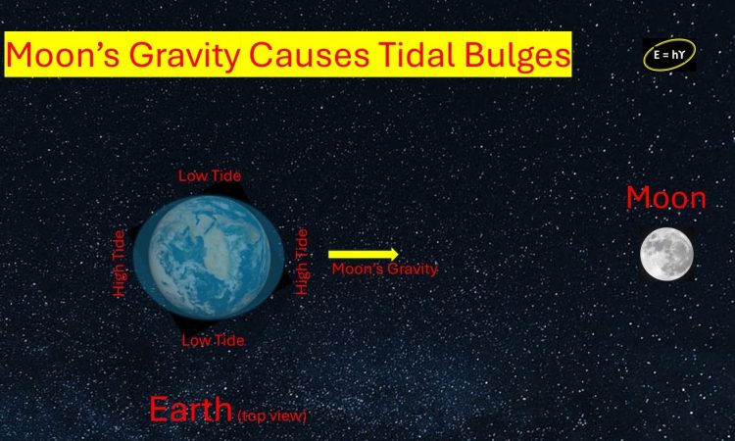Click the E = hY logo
[x=668, y=55]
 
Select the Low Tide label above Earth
[x=209, y=175]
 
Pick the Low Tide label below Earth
[x=213, y=340]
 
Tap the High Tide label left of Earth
[x=120, y=264]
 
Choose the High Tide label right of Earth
[x=302, y=262]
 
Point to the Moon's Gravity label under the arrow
[x=384, y=269]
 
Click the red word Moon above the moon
[x=665, y=199]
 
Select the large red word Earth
[x=190, y=409]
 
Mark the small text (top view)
[x=271, y=416]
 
